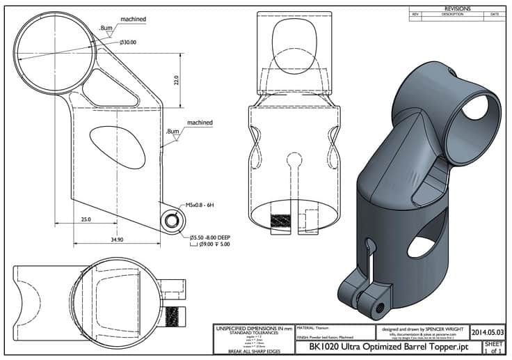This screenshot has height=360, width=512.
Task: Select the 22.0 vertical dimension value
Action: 177,81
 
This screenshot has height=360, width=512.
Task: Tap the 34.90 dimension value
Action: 116,239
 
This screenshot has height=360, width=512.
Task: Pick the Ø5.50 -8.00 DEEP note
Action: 213,237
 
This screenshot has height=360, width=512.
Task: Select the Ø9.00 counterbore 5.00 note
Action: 213,244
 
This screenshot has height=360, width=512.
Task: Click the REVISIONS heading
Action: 456,8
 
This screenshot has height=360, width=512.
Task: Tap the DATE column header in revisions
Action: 495,14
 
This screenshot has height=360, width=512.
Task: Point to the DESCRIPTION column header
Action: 451,14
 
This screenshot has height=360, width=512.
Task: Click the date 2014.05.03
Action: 487,332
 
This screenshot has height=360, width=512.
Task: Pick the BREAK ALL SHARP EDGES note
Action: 253,352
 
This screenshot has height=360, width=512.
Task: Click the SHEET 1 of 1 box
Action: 493,347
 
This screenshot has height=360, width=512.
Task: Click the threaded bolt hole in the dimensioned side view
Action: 170,221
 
